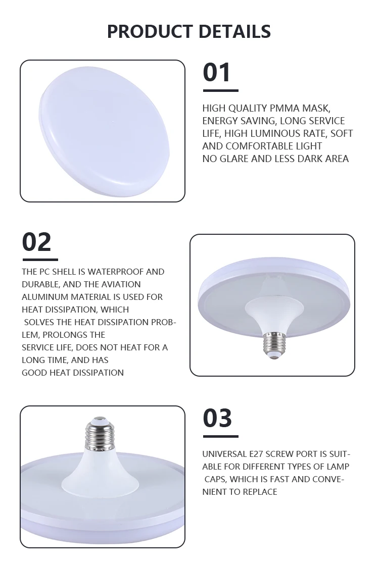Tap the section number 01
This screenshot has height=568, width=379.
(217, 72)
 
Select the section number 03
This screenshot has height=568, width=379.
(217, 418)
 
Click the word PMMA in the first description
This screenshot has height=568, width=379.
(287, 108)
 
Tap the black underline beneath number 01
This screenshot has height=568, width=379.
(220, 91)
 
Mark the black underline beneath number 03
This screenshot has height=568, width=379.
(220, 436)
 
